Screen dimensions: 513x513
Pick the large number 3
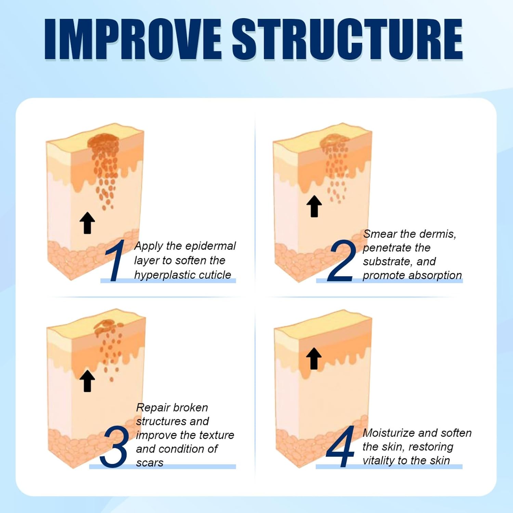tap(114, 446)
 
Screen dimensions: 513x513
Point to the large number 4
tap(340, 446)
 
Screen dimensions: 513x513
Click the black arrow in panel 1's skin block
tap(87, 223)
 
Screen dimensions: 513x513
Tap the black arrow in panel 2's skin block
tap(314, 206)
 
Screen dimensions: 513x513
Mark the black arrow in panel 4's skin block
tap(314, 358)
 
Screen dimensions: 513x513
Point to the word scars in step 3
tap(149, 463)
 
